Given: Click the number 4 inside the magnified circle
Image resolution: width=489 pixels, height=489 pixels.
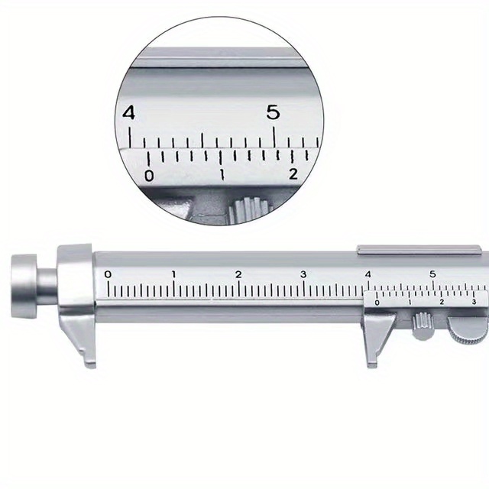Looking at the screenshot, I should (128, 114).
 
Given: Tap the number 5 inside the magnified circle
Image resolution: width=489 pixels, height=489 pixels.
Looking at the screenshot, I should (273, 112).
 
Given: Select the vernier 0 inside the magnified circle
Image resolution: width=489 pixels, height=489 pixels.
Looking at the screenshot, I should (149, 176).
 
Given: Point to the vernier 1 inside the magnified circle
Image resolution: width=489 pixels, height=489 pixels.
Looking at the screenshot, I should (222, 175).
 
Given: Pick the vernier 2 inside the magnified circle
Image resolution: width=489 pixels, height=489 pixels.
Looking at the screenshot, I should (293, 174).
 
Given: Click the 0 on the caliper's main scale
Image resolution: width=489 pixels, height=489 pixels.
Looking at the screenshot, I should (108, 274).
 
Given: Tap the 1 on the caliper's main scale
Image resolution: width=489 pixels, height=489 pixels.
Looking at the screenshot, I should (173, 274).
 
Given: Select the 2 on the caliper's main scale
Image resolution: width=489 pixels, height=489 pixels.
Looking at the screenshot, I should (238, 274).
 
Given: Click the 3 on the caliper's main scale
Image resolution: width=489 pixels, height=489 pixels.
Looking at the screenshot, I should (303, 274).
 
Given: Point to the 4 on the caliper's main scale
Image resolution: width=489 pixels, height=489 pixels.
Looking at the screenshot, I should (368, 274).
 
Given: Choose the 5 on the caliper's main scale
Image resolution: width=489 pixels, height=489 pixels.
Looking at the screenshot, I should (432, 274).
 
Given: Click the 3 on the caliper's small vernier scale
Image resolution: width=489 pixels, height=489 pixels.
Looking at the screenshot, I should (474, 303).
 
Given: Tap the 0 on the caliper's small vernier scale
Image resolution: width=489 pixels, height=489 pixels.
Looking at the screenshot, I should (376, 303).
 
